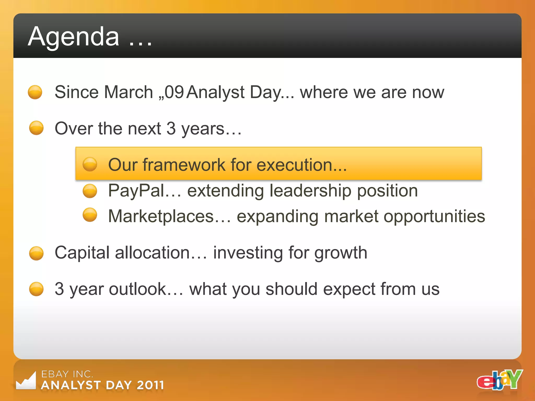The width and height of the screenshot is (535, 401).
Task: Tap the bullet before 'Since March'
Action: [35, 92]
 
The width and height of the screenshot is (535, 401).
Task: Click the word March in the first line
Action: [129, 92]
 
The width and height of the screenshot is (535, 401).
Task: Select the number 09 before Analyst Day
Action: [174, 92]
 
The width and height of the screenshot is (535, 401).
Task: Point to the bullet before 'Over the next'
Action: [36, 128]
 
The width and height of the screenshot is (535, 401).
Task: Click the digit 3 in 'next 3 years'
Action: [171, 128]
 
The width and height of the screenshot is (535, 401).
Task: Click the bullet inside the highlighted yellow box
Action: [90, 164]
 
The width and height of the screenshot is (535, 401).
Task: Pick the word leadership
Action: [310, 191]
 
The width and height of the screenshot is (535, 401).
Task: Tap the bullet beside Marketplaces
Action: [90, 215]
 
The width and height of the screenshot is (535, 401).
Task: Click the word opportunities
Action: [434, 217]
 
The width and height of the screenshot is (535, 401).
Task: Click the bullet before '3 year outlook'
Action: [36, 289]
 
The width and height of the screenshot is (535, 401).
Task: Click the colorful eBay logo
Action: [499, 380]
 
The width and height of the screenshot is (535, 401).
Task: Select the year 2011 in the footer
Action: [150, 385]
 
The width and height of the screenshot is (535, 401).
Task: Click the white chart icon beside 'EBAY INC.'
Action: [26, 381]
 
